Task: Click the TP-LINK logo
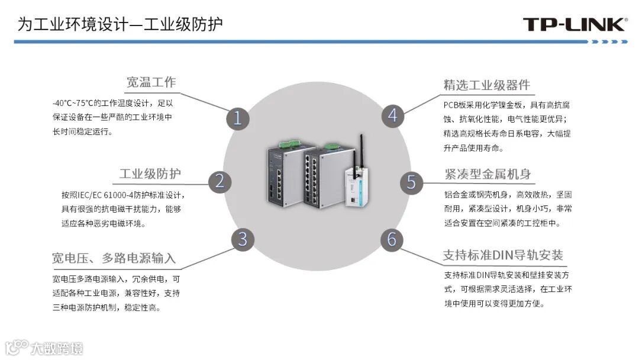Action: tap(574, 24)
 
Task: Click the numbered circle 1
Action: tap(237, 118)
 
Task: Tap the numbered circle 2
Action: tap(220, 181)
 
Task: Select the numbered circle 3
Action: tap(242, 240)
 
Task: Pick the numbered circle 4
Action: tap(392, 115)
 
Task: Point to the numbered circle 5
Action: tap(411, 181)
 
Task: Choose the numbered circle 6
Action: tap(392, 240)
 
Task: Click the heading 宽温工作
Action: tap(151, 82)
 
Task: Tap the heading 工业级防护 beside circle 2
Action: tap(150, 173)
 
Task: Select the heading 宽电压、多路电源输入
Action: tap(114, 258)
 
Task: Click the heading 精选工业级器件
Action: tap(487, 85)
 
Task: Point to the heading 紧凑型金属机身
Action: tap(488, 174)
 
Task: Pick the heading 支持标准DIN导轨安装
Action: tap(503, 256)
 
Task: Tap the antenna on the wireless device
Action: tap(359, 151)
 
